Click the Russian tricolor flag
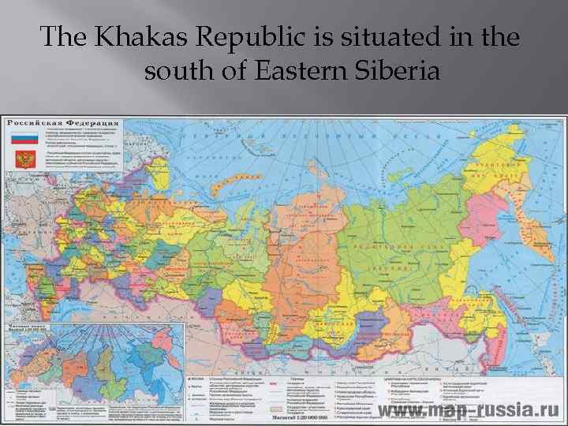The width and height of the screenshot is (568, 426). pos(24,140)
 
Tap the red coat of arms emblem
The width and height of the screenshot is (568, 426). pos(24,159)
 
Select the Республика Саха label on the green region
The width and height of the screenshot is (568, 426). pos(387,246)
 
